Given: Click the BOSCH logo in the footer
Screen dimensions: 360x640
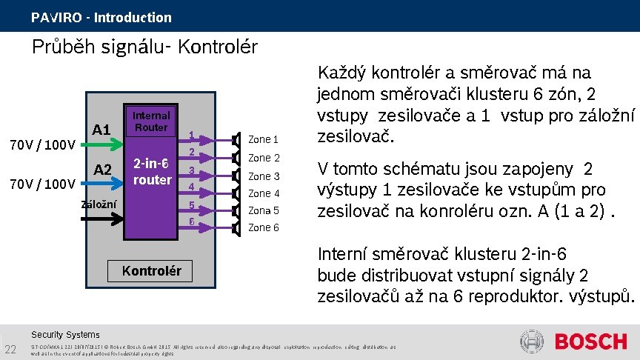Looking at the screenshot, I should click(x=591, y=341).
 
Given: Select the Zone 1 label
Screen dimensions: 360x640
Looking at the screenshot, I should click(x=264, y=139).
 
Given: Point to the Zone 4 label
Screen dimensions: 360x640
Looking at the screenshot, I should click(x=264, y=194).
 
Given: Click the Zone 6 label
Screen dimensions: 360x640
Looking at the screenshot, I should click(x=264, y=227).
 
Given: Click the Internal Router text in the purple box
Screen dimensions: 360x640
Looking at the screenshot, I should click(x=150, y=121).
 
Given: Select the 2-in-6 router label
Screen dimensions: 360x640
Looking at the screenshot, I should click(x=152, y=171).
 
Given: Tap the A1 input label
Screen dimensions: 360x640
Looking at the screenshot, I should click(x=102, y=130).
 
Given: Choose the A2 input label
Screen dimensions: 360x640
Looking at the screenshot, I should click(x=102, y=170).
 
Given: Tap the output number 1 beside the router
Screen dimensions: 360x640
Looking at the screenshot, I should click(x=191, y=136).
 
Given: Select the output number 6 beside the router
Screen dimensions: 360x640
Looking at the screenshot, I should click(x=191, y=221).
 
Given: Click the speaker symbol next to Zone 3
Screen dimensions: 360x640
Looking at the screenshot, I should click(x=236, y=176).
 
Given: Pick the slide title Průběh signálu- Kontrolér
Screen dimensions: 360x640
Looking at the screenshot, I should click(x=144, y=47).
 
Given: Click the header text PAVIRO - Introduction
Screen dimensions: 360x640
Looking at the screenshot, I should click(x=101, y=17).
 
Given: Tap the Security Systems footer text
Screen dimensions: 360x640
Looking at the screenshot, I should click(x=65, y=335).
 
